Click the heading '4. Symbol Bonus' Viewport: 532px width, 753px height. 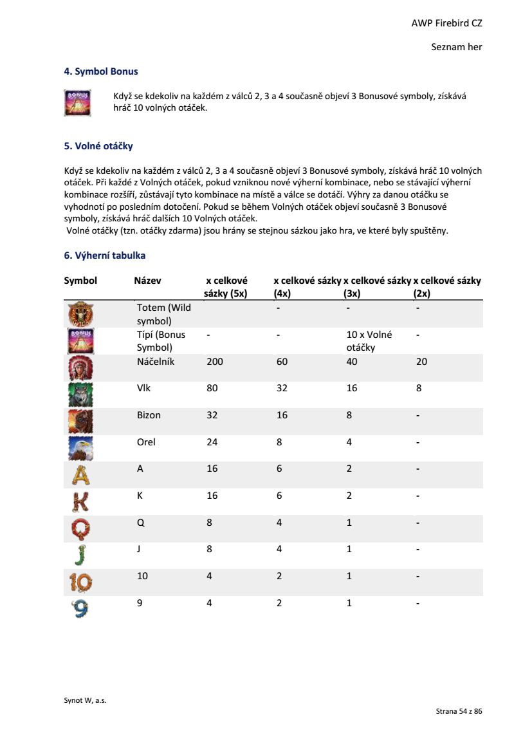(x=101, y=71)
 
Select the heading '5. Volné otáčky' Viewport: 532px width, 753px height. (x=98, y=146)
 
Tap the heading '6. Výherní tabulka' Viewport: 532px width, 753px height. (x=105, y=256)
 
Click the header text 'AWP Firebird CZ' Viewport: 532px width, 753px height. (x=446, y=23)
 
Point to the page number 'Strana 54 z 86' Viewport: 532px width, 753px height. (x=459, y=711)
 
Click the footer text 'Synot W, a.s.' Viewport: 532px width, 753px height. (x=85, y=701)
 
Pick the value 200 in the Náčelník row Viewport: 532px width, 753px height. (x=215, y=362)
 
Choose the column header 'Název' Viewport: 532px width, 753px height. (x=147, y=281)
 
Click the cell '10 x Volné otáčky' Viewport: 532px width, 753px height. (x=369, y=341)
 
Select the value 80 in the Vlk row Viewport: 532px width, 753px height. (x=212, y=389)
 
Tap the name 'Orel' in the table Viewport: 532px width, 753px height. (x=146, y=442)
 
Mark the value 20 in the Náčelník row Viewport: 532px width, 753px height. (x=421, y=362)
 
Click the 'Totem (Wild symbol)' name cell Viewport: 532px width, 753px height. (x=164, y=314)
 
